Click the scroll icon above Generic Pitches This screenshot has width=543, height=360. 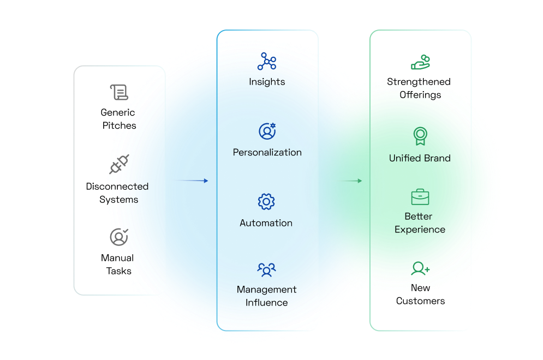pyautogui.click(x=119, y=92)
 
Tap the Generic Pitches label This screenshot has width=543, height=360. pyautogui.click(x=118, y=119)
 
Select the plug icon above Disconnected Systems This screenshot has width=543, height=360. pyautogui.click(x=119, y=164)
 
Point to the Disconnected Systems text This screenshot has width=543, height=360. pyautogui.click(x=117, y=193)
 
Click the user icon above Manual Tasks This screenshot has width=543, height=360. pyautogui.click(x=118, y=237)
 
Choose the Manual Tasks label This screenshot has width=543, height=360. pyautogui.click(x=117, y=265)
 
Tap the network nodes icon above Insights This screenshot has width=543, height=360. pyautogui.click(x=267, y=62)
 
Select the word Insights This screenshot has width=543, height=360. pyautogui.click(x=267, y=82)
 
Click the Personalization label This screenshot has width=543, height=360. pyautogui.click(x=267, y=152)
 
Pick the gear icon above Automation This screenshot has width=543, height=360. pyautogui.click(x=266, y=202)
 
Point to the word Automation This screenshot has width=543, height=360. pyautogui.click(x=266, y=223)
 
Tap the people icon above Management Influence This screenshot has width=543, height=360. pyautogui.click(x=266, y=269)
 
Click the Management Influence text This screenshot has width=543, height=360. pyautogui.click(x=267, y=296)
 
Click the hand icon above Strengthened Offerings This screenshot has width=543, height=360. pyautogui.click(x=420, y=62)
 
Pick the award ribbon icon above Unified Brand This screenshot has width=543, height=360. pyautogui.click(x=420, y=136)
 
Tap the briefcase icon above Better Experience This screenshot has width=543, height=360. pyautogui.click(x=420, y=197)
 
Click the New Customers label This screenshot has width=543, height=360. pyautogui.click(x=420, y=295)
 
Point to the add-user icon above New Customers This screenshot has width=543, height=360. pyautogui.click(x=420, y=268)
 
